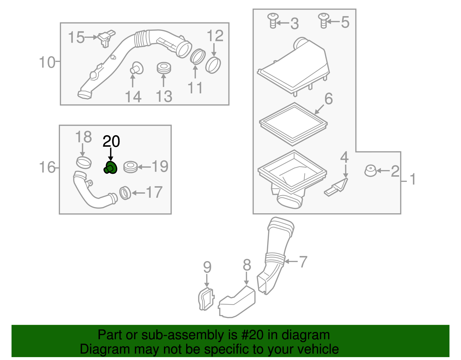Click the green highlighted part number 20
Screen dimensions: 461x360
pyautogui.click(x=110, y=167)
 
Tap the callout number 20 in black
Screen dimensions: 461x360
pyautogui.click(x=111, y=141)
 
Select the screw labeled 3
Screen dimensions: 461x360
pyautogui.click(x=273, y=20)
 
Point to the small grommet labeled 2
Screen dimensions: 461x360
pyautogui.click(x=371, y=171)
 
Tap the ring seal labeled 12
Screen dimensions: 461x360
pyautogui.click(x=213, y=65)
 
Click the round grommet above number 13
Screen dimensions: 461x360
pyautogui.click(x=164, y=68)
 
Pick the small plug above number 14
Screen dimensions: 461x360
pyautogui.click(x=136, y=68)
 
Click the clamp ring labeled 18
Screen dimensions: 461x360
pyautogui.click(x=84, y=163)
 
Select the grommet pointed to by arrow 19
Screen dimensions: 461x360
pyautogui.click(x=131, y=167)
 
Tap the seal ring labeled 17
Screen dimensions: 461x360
pyautogui.click(x=125, y=193)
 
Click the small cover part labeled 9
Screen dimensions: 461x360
pyautogui.click(x=206, y=299)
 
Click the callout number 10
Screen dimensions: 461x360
pyautogui.click(x=47, y=62)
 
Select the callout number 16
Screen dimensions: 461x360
pyautogui.click(x=47, y=167)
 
